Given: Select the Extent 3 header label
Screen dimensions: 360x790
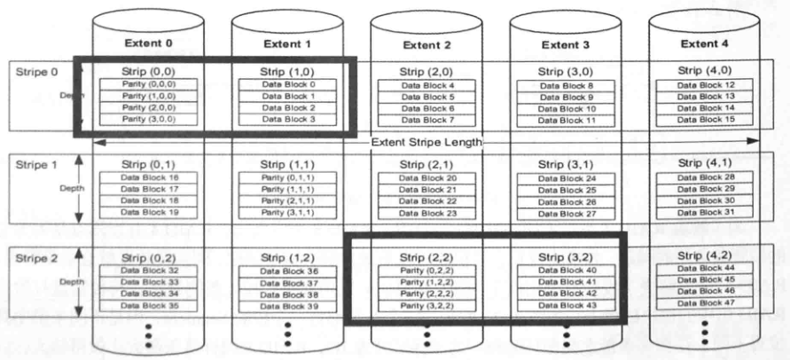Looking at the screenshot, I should (566, 44).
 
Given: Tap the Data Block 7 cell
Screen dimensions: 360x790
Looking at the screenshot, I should (426, 120).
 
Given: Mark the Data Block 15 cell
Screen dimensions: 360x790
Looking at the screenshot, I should (705, 119).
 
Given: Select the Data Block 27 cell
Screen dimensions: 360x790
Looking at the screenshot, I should (566, 214).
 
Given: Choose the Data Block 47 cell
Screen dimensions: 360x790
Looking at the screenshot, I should (705, 302).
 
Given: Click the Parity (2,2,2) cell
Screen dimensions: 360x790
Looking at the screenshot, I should (426, 293).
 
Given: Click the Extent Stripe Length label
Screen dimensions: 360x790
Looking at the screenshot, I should (426, 142).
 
